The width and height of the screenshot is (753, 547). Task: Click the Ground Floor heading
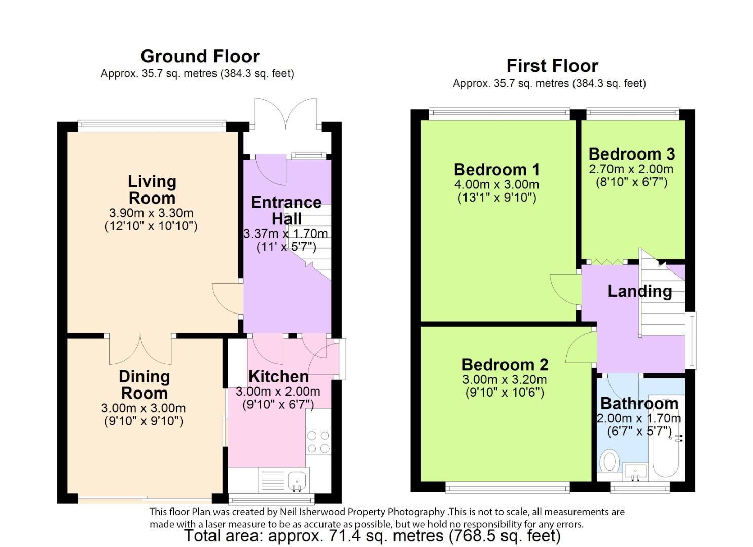pos(200,56)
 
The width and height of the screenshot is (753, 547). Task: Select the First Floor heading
pos(552,66)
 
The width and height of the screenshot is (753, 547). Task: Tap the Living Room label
pos(152,190)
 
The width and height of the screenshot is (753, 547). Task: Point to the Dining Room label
pos(144,385)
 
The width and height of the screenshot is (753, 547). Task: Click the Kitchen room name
pos(278,377)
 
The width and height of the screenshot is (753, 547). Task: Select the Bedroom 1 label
pos(497,170)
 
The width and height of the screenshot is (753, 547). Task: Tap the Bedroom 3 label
pos(632,154)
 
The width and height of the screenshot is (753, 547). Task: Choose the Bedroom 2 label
pos(505,365)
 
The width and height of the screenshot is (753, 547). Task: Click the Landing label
pos(640,291)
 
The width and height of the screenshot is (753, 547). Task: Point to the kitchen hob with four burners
pos(318,442)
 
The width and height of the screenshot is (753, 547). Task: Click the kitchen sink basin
pos(297,480)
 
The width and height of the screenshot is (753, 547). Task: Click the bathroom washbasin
pos(635,471)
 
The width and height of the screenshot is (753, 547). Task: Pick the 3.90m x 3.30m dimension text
pos(151,213)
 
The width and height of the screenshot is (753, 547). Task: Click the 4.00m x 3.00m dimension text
pos(497,185)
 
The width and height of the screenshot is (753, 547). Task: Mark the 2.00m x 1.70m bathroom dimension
pos(639,418)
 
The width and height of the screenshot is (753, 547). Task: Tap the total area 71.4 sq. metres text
pos(373,535)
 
